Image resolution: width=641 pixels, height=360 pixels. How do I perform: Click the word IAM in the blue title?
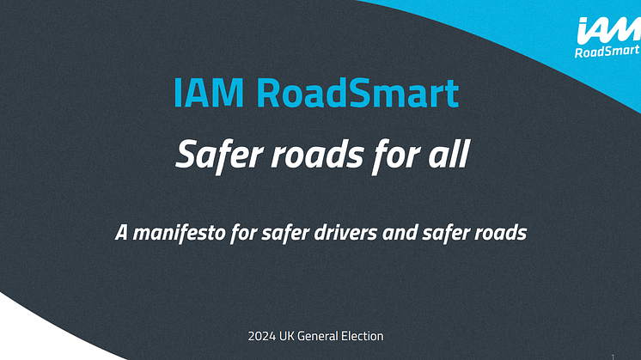coord(209,93)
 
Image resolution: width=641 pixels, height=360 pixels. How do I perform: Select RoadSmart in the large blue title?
coord(357,93)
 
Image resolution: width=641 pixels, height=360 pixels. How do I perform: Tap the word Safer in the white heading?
coord(219,155)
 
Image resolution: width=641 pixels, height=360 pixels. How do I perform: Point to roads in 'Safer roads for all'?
coord(317,155)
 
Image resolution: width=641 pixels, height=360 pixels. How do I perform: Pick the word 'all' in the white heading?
coord(449,154)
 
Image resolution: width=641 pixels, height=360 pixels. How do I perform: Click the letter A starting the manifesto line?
coord(121,233)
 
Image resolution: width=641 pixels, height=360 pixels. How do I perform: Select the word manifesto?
coord(179,233)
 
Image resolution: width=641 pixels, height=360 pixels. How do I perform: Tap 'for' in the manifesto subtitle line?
coord(244,234)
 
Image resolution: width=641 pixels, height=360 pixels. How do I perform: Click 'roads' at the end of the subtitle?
coord(501,233)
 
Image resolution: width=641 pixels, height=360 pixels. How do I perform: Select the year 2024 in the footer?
coord(261,336)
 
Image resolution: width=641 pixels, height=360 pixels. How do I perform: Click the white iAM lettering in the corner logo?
coord(608,30)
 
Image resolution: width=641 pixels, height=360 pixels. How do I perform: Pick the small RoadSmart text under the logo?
coord(607,52)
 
